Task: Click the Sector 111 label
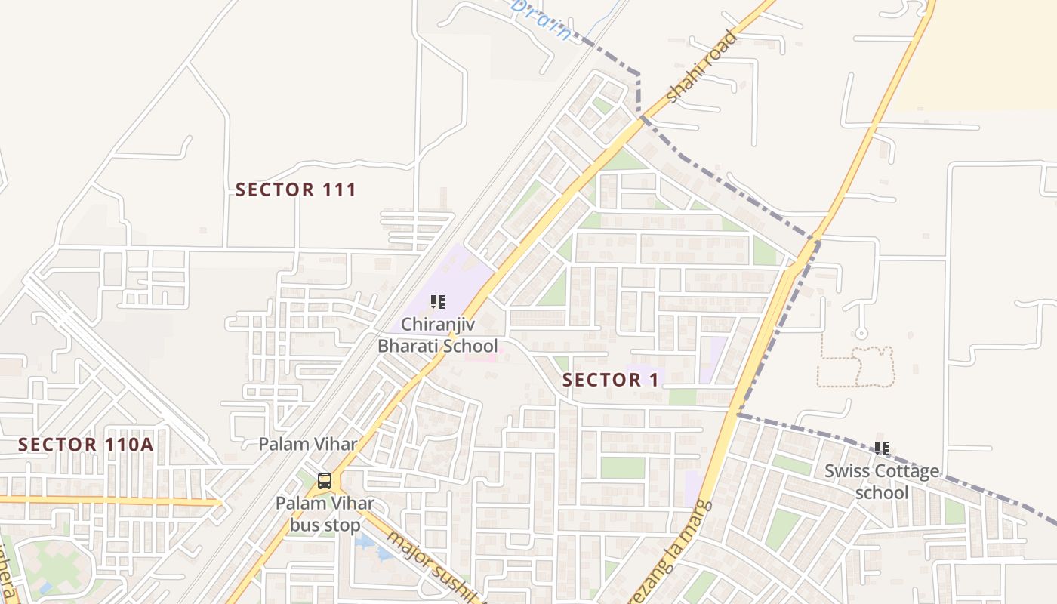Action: (295, 190)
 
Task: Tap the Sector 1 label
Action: (611, 380)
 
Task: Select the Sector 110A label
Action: (86, 445)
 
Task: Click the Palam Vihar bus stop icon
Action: (325, 480)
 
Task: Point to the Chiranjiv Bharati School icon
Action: (438, 302)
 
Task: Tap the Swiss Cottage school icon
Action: (882, 448)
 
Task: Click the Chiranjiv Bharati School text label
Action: (438, 335)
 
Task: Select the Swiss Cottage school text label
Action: (882, 482)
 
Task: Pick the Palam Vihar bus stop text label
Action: (325, 513)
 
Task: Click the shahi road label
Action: (701, 66)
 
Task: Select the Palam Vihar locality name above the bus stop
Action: (308, 444)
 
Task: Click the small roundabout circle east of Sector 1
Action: (861, 333)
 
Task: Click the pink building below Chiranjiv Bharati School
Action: (481, 356)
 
